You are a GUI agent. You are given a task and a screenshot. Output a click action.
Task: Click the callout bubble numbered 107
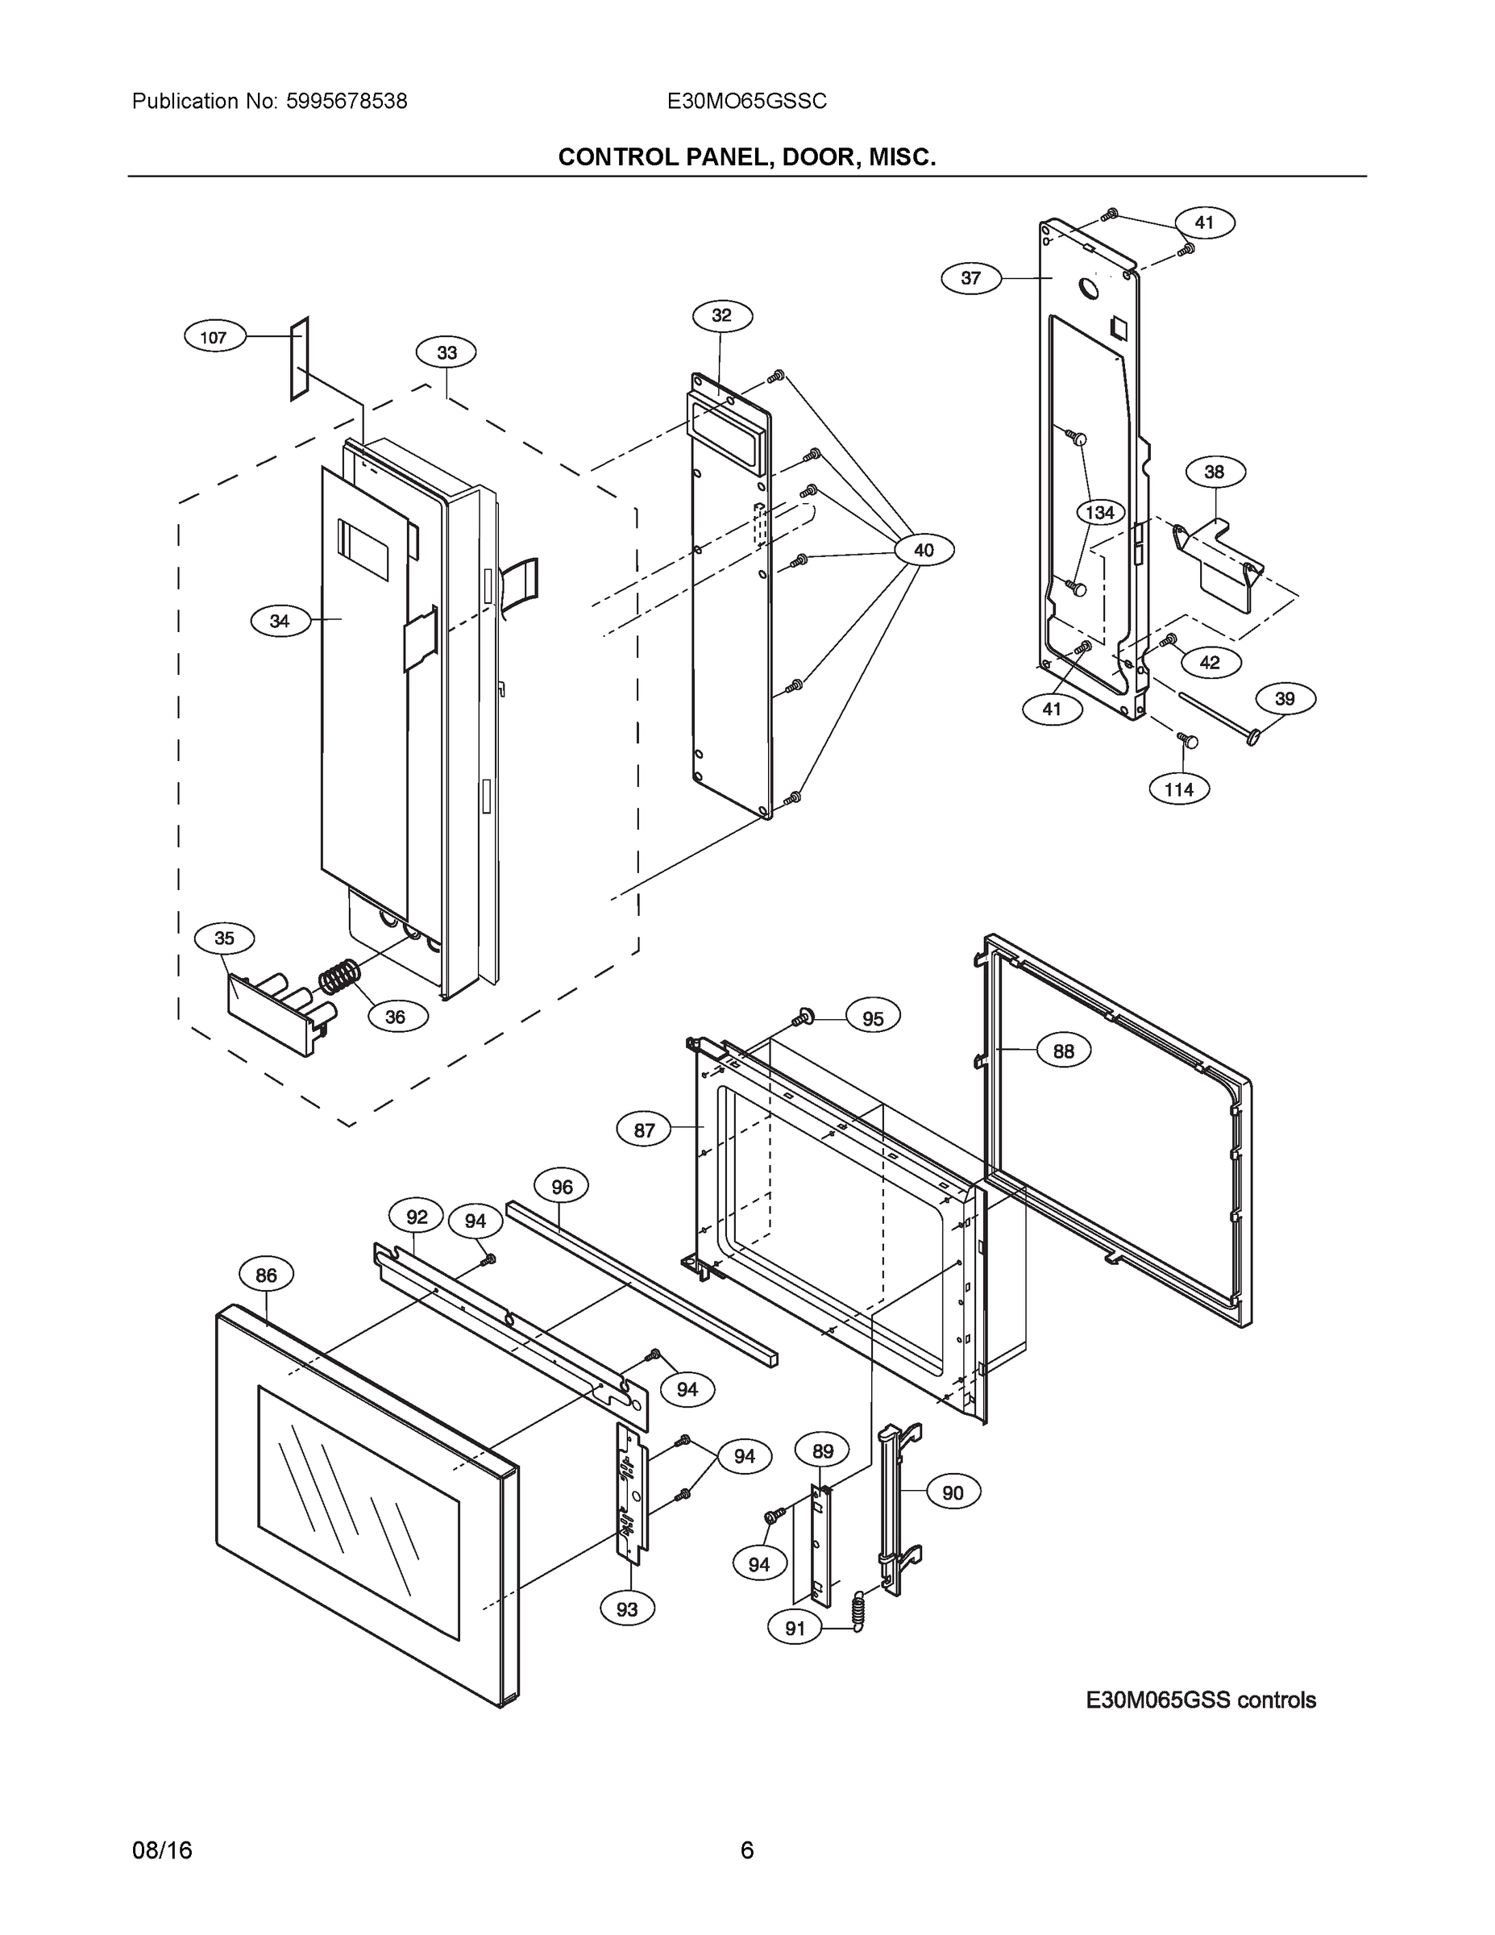(x=214, y=337)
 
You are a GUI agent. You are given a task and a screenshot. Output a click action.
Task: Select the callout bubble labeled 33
(x=446, y=352)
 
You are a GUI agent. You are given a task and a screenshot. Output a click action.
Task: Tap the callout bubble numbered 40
(x=923, y=550)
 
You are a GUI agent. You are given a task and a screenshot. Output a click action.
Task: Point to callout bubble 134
(x=1100, y=512)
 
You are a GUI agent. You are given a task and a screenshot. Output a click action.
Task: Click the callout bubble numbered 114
(x=1178, y=789)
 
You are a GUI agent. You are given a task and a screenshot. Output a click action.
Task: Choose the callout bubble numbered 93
(x=626, y=1608)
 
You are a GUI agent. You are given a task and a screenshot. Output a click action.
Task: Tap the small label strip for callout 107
(x=299, y=358)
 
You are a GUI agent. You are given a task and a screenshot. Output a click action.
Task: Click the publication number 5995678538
(x=347, y=101)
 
